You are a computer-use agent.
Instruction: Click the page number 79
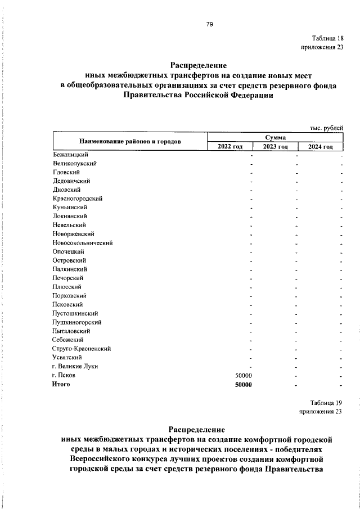coord(209,24)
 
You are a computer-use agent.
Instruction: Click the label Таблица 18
coord(326,38)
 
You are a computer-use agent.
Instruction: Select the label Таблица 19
coord(326,402)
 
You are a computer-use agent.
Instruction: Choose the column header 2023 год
coord(276,147)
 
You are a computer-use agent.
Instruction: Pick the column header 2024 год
coord(321,147)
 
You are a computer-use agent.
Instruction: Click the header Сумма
coord(276,137)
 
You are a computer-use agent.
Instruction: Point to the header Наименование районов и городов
coord(130,142)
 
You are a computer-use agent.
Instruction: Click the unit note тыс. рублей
coord(326,128)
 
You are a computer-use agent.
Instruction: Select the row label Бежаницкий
coord(69,155)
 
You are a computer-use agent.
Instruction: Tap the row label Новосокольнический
coord(83,243)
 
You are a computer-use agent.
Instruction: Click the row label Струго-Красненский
coord(81,349)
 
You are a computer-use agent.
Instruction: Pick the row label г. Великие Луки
coord(74,366)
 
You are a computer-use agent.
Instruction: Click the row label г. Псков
coord(63,375)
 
